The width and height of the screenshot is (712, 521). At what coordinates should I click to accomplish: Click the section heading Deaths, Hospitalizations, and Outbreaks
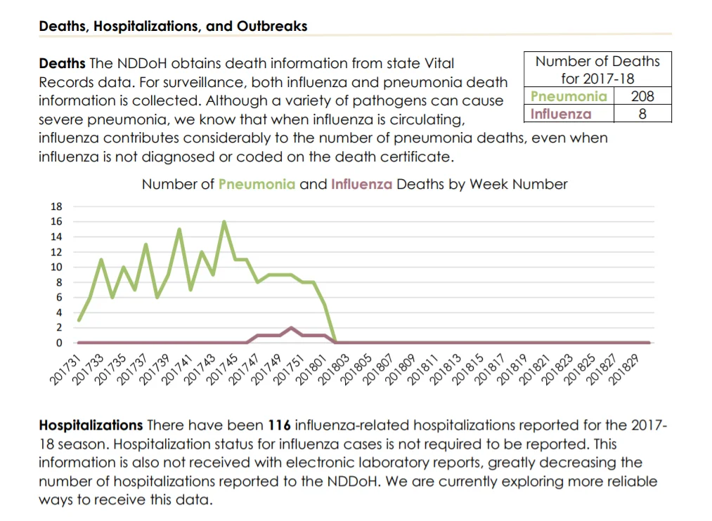[x=173, y=26]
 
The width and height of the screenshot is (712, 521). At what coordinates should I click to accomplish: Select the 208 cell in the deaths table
[x=642, y=96]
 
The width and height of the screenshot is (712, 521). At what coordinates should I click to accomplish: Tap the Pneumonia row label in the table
[x=569, y=96]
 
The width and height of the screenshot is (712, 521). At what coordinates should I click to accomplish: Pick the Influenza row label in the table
[x=561, y=114]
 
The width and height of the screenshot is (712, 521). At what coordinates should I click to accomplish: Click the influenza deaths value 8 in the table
[x=642, y=114]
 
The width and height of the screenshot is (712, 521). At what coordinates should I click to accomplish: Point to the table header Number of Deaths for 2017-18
[x=597, y=70]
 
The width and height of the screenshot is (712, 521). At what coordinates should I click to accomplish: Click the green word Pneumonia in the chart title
[x=257, y=184]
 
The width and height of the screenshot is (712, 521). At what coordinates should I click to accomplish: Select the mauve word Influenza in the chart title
[x=361, y=184]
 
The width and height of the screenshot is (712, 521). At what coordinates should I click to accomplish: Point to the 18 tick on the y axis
[x=56, y=206]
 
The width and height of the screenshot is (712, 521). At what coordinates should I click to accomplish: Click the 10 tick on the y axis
[x=56, y=267]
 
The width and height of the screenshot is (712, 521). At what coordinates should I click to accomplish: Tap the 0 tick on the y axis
[x=59, y=343]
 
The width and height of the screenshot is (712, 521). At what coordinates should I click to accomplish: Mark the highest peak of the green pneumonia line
[x=224, y=222]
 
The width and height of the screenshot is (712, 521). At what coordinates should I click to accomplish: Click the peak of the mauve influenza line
[x=291, y=327]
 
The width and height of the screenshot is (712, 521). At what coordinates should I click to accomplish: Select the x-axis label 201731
[x=65, y=370]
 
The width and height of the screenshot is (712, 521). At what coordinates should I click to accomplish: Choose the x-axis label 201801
[x=311, y=370]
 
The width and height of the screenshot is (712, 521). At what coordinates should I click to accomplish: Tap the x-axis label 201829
[x=623, y=370]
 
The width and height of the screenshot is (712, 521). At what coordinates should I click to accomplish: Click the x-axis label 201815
[x=467, y=370]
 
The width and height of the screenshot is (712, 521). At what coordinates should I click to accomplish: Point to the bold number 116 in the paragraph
[x=279, y=426]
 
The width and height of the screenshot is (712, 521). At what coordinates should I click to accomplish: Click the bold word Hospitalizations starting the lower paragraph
[x=91, y=426]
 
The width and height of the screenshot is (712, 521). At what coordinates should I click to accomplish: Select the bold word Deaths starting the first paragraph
[x=63, y=63]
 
